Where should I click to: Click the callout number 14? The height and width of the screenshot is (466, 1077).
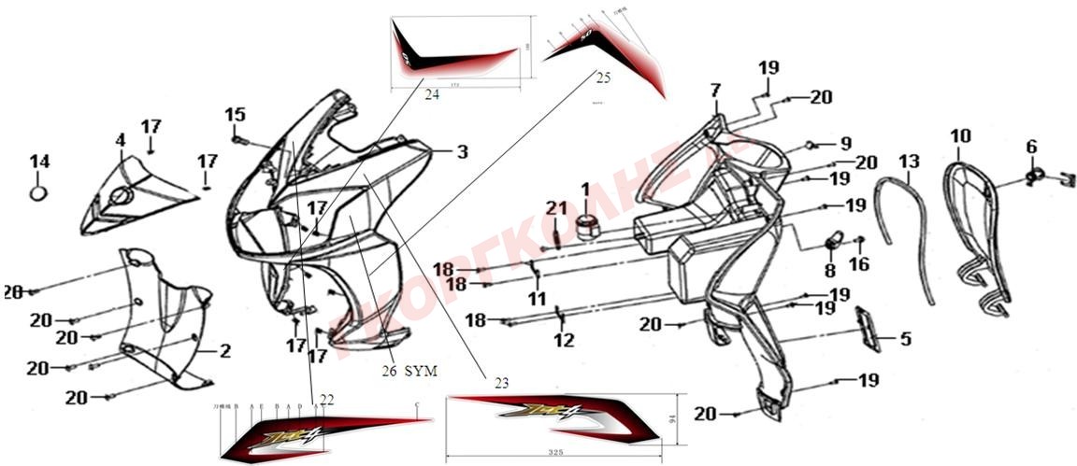pyautogui.click(x=38, y=162)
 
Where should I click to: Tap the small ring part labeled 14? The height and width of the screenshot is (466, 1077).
pyautogui.click(x=38, y=192)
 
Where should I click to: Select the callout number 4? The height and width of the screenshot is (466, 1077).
pyautogui.click(x=120, y=140)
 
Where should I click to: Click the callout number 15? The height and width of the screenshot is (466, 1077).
pyautogui.click(x=235, y=115)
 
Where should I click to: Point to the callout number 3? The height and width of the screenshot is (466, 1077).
pyautogui.click(x=462, y=151)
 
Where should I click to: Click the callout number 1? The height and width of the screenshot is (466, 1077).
pyautogui.click(x=586, y=190)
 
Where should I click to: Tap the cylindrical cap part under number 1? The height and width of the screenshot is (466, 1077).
pyautogui.click(x=588, y=226)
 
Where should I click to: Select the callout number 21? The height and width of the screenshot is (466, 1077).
pyautogui.click(x=557, y=207)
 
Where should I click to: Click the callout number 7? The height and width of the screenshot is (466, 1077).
pyautogui.click(x=715, y=91)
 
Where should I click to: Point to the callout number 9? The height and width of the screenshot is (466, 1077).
pyautogui.click(x=845, y=144)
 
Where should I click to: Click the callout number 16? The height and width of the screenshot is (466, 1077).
pyautogui.click(x=858, y=264)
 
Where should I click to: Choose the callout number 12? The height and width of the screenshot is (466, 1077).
pyautogui.click(x=563, y=341)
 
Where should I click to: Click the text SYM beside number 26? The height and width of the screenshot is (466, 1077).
pyautogui.click(x=422, y=371)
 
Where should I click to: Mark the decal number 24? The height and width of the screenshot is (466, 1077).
pyautogui.click(x=431, y=94)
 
